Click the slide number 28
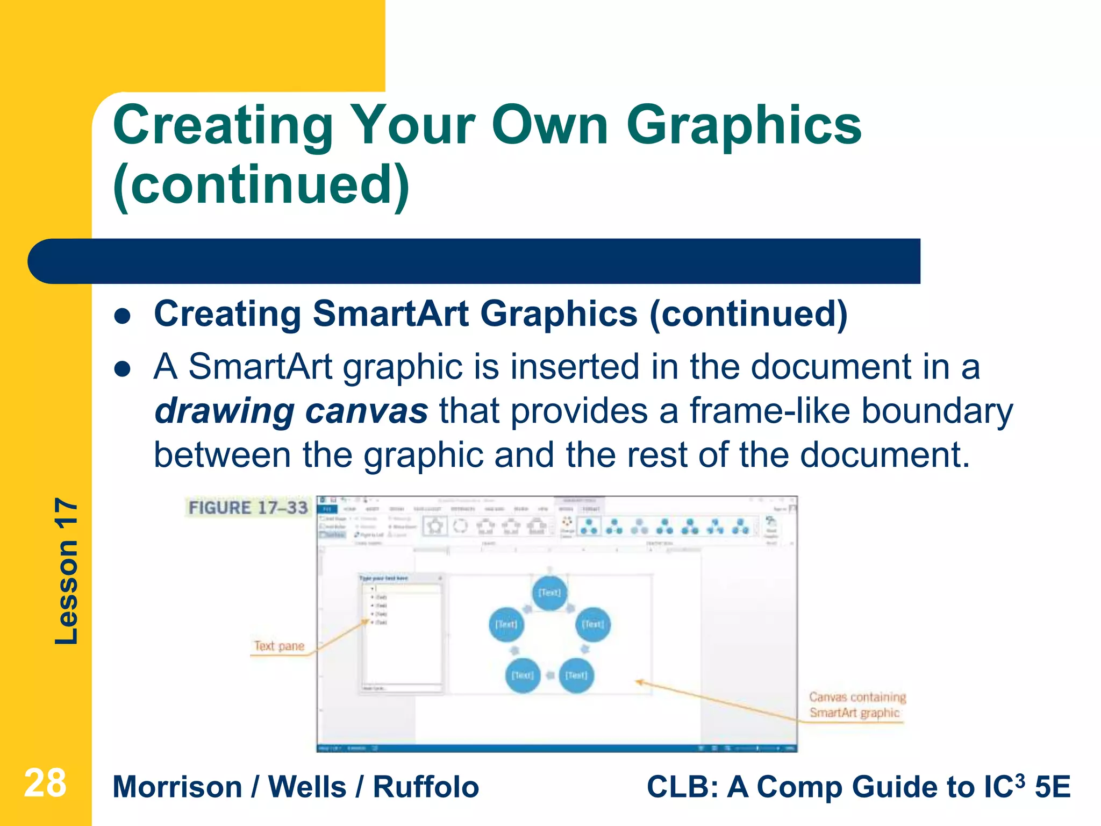[x=45, y=784]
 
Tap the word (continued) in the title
[x=261, y=186]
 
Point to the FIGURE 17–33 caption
[x=248, y=507]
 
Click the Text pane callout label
[x=279, y=646]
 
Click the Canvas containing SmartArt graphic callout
[x=857, y=704]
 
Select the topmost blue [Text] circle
[x=549, y=593]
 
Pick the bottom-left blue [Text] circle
[x=523, y=675]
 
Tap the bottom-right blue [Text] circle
[x=576, y=675]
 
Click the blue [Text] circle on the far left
[x=506, y=624]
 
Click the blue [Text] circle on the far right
[x=593, y=624]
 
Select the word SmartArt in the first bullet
[x=391, y=314]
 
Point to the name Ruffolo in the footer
[x=426, y=787]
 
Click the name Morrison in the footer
[x=177, y=787]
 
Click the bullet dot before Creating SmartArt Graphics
[x=123, y=317]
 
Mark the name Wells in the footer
[x=307, y=787]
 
